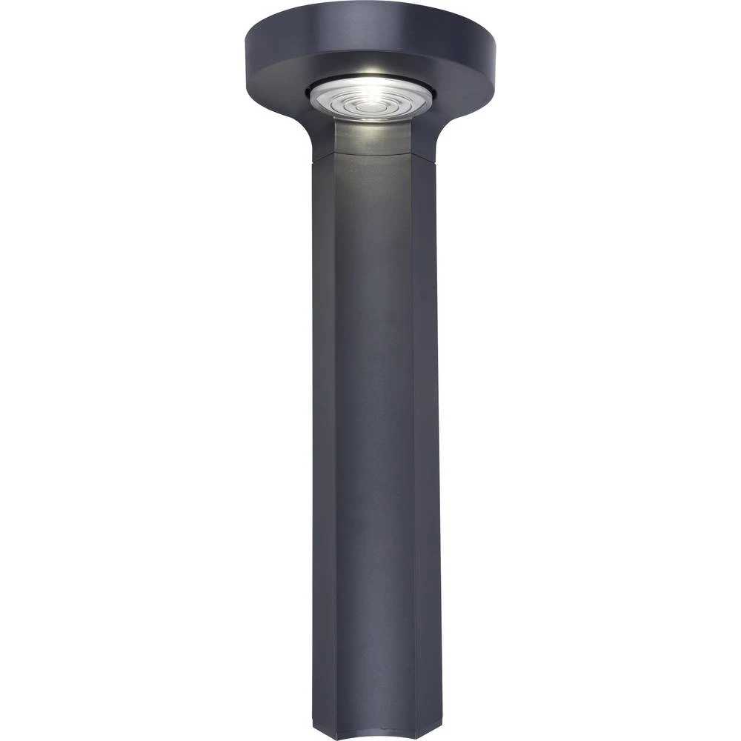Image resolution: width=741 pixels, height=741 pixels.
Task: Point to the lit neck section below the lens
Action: coord(372,138)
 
